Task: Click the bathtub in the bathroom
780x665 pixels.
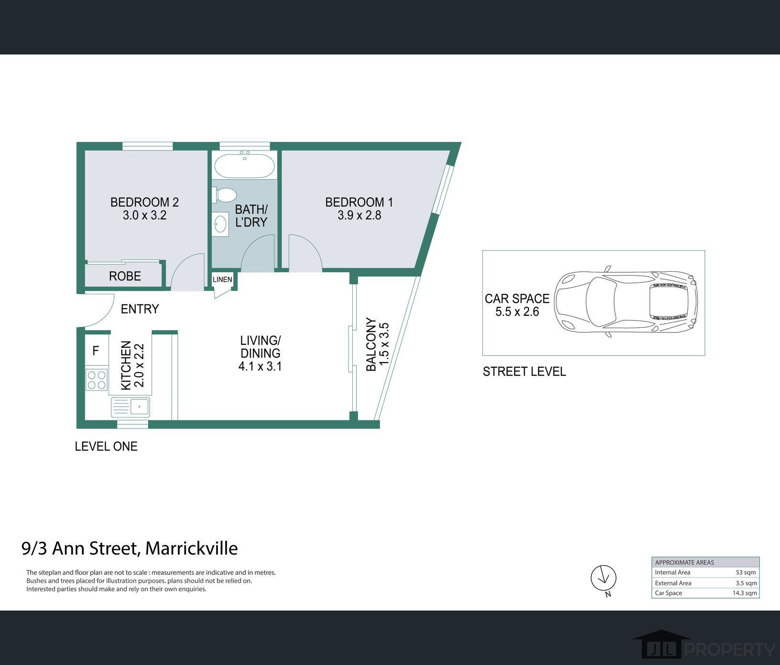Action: tap(244, 165)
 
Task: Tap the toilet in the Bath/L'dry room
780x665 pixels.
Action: tap(225, 195)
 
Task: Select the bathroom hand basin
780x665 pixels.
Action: tap(220, 224)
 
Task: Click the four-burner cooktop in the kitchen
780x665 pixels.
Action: tap(96, 380)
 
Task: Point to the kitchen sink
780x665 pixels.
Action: tap(130, 408)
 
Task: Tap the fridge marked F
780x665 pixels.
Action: tap(96, 351)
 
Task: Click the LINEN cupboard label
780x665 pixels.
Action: tap(222, 279)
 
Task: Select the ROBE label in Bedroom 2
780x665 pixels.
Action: tap(125, 276)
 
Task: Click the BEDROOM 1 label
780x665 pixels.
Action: tap(359, 202)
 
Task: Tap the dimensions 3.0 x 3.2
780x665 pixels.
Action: tap(144, 215)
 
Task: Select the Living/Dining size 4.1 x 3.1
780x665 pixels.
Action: tap(260, 366)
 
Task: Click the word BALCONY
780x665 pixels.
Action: tap(371, 344)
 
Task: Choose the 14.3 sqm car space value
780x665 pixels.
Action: tap(745, 593)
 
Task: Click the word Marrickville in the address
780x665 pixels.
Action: tap(191, 548)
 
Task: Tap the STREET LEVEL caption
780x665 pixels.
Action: tap(524, 371)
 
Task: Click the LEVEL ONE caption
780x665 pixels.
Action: tap(106, 446)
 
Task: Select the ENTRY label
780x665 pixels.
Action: tap(140, 309)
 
